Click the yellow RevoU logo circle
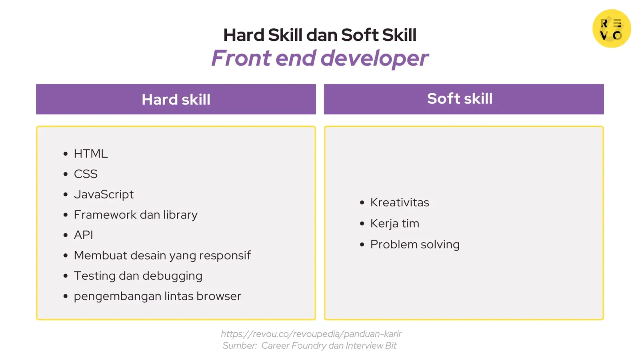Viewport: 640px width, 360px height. coord(612,28)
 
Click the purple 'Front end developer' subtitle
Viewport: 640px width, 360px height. coord(320,58)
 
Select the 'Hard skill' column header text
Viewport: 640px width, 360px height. coord(176,100)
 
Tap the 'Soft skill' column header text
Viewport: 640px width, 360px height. coord(460,98)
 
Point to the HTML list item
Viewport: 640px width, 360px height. coord(90,154)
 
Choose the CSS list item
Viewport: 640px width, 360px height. coord(86,174)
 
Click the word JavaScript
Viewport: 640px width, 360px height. coord(104,194)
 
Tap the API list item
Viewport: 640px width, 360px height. coord(84,235)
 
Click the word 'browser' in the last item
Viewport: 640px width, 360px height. coord(219,296)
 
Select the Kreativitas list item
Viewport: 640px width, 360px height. coord(400,202)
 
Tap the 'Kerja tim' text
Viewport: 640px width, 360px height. coord(395,224)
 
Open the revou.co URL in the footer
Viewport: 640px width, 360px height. coord(311,334)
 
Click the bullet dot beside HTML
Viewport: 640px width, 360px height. coord(66,154)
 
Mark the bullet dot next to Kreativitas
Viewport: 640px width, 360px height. coord(362,203)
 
